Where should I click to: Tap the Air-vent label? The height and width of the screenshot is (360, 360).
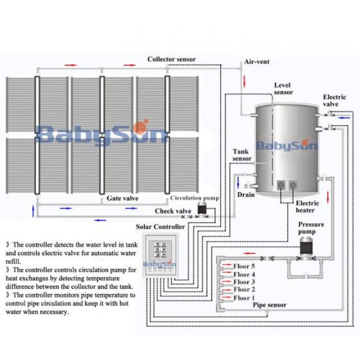coord(257,62)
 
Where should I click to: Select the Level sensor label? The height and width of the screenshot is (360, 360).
coord(283,89)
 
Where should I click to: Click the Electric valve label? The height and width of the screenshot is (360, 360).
coord(334,100)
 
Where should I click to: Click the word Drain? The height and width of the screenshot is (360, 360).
coord(245,194)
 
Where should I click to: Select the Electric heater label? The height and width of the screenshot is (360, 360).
coord(307,206)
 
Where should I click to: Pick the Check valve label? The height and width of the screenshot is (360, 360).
coord(173,211)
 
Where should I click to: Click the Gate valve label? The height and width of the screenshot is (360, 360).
coord(122,197)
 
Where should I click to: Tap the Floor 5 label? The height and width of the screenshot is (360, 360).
coord(244,266)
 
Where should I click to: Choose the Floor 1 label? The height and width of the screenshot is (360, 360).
coord(244,298)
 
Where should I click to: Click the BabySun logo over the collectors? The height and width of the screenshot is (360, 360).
coord(99,131)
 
